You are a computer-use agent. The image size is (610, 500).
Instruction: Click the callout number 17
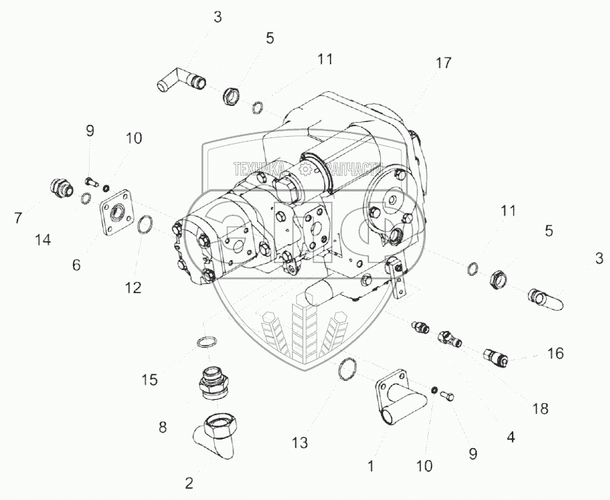coord(443,62)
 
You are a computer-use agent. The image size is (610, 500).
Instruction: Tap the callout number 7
coord(18,218)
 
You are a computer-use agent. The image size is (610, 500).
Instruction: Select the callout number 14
coord(43,241)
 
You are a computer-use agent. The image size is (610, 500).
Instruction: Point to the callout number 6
coord(76,264)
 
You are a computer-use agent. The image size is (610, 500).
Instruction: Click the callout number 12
coord(133,287)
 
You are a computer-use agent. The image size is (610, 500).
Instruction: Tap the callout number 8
coord(162,426)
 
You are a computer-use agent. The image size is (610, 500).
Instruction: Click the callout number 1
coord(372,464)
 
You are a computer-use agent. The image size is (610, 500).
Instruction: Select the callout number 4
coord(511,436)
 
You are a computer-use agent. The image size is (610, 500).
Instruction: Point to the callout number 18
coord(540,408)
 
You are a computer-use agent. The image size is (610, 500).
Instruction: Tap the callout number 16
coord(555,353)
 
